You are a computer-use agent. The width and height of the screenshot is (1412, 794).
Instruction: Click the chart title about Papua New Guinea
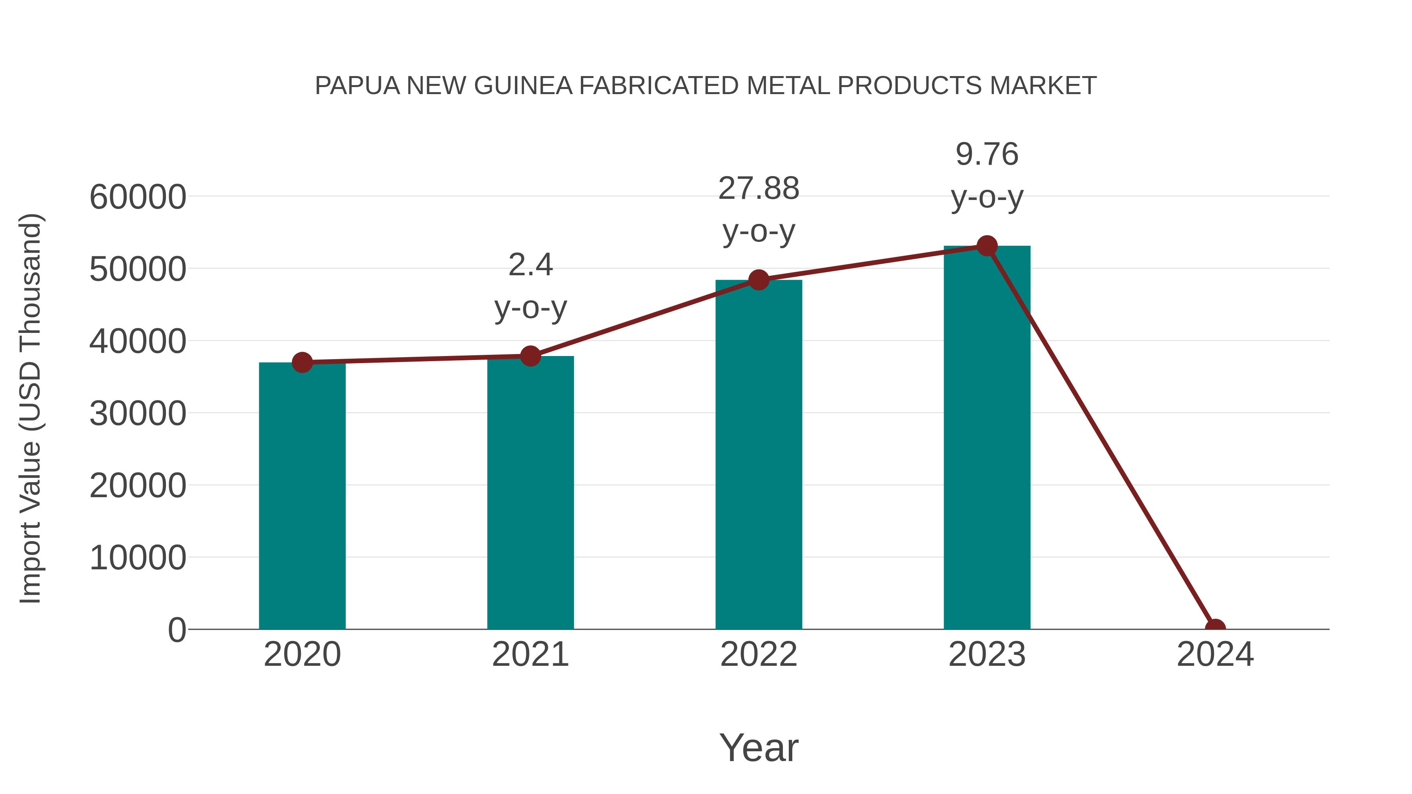click(x=706, y=86)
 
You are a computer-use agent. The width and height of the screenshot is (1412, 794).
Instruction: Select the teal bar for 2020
click(x=302, y=496)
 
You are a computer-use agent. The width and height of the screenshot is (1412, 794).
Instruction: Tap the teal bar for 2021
click(x=530, y=493)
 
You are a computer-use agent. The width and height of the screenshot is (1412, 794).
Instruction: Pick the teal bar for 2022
click(x=759, y=455)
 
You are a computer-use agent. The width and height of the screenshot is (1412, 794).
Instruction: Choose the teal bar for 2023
click(x=987, y=438)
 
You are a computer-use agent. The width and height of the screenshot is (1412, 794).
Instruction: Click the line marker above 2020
click(x=302, y=362)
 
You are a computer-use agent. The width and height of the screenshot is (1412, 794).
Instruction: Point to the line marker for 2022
click(x=759, y=280)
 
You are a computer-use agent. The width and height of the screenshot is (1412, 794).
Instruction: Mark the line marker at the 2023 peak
click(x=987, y=246)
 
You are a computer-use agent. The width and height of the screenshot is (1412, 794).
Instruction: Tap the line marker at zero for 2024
click(x=1215, y=628)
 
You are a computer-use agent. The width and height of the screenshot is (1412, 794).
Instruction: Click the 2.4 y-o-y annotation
click(x=530, y=286)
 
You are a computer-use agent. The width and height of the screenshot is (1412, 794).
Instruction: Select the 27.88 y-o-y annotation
click(x=759, y=209)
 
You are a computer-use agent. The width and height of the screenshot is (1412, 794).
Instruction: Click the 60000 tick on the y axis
click(x=138, y=197)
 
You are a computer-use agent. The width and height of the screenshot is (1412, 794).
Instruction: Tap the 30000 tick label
click(x=138, y=413)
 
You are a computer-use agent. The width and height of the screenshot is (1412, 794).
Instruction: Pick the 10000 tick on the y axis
click(x=138, y=558)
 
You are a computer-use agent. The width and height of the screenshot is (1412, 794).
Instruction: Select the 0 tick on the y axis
click(x=176, y=630)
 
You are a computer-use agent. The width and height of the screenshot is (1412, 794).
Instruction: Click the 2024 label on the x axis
click(x=1215, y=654)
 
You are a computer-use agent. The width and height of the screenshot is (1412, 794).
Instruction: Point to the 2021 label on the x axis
click(x=530, y=654)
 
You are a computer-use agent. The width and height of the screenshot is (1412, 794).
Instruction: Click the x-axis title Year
click(x=759, y=747)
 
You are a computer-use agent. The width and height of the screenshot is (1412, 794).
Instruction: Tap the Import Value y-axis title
click(x=31, y=408)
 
